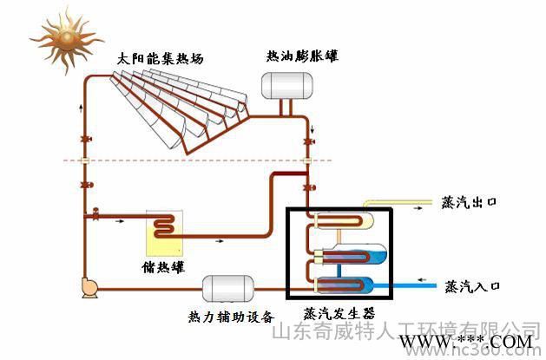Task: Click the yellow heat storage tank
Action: point(165,231)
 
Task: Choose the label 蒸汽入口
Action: point(473,285)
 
